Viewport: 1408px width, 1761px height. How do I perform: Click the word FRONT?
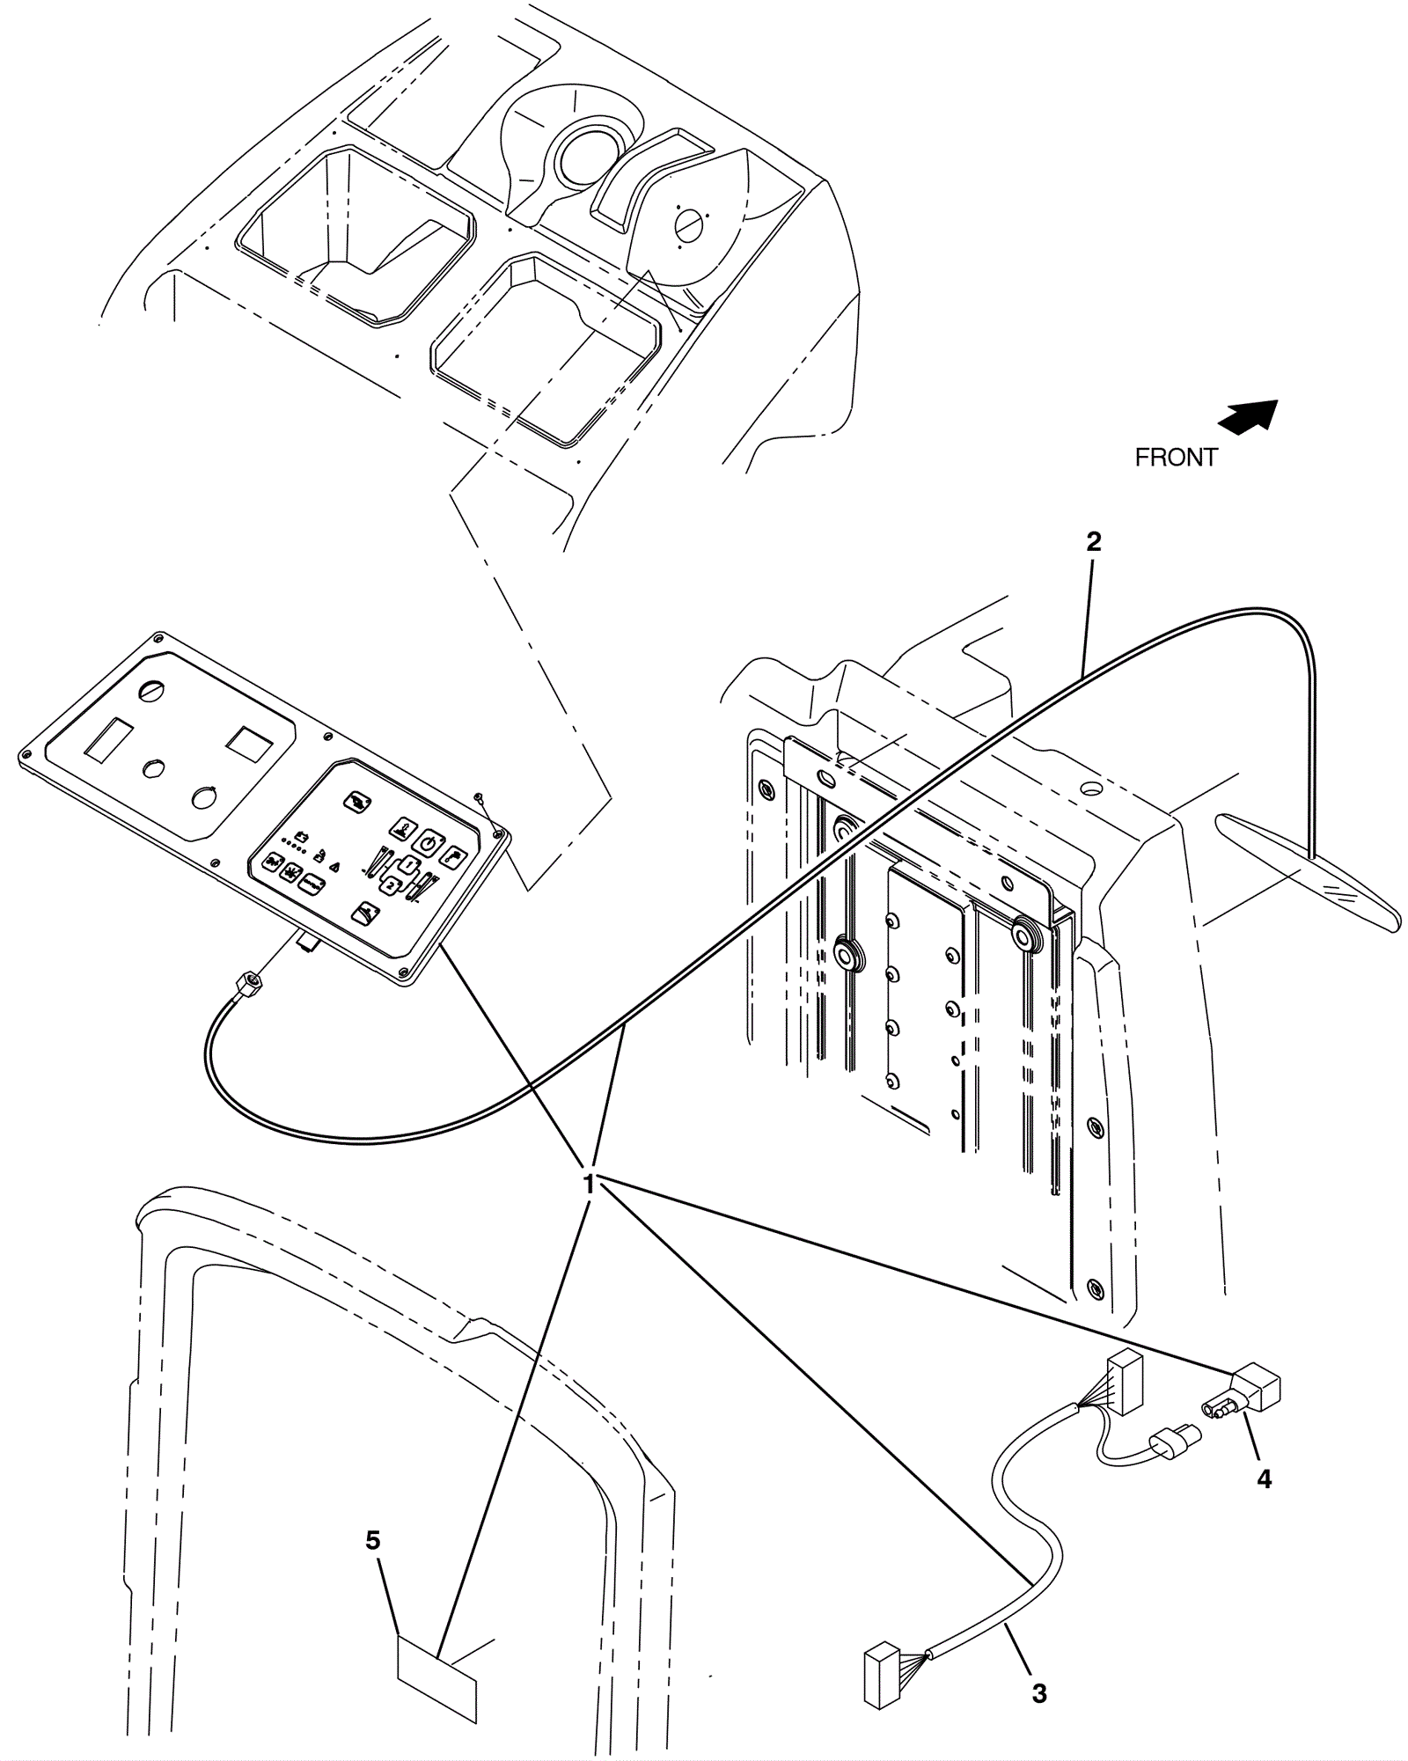coord(1176,458)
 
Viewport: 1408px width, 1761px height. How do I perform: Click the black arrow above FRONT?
coord(1248,416)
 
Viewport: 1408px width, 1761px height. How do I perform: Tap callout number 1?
coord(590,1184)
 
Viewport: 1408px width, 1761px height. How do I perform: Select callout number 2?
coord(1093,541)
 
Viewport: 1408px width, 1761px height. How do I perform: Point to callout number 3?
coord(1039,1693)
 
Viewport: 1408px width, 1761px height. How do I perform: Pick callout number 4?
coord(1264,1479)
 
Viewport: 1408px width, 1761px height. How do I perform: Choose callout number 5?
coord(373,1540)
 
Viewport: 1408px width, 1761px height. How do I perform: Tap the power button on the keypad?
coord(427,843)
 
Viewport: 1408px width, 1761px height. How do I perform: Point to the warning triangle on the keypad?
coord(334,867)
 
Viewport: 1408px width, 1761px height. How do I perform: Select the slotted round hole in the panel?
coord(151,692)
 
